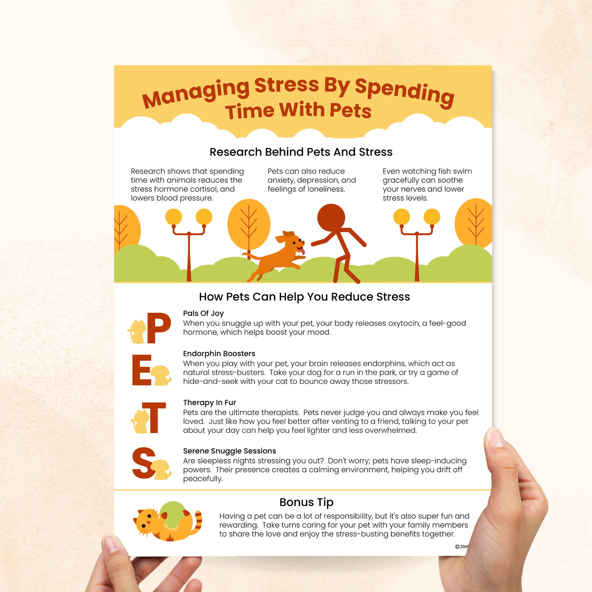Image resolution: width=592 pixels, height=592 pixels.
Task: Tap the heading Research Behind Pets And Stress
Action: (x=301, y=152)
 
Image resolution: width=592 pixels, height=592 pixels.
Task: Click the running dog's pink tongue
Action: (x=302, y=252)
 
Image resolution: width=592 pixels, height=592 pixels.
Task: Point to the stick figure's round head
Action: (x=331, y=218)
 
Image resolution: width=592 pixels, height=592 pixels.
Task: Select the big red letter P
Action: (x=159, y=328)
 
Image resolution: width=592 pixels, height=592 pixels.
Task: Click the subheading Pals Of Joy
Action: (x=204, y=313)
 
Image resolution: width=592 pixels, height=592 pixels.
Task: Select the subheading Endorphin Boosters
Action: (x=219, y=353)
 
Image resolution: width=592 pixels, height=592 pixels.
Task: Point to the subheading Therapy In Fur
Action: (x=210, y=402)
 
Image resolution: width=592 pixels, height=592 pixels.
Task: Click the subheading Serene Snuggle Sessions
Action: (x=229, y=451)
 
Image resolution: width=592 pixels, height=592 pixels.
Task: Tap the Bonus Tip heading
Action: (x=306, y=502)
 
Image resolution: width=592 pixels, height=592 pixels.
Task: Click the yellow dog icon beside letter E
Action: (x=161, y=375)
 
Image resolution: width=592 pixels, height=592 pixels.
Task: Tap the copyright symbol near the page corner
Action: (x=457, y=547)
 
